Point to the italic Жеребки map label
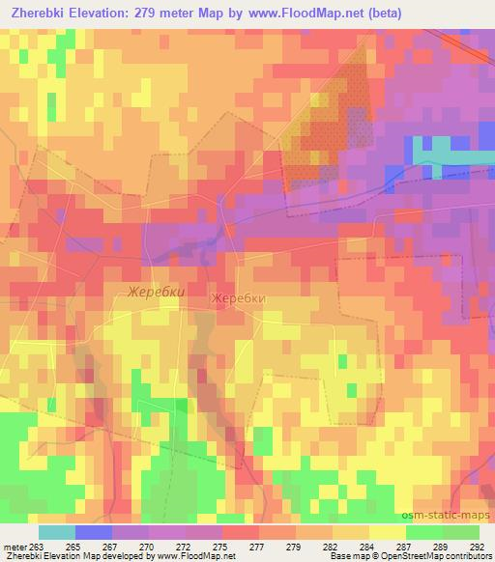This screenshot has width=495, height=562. tap(155, 291)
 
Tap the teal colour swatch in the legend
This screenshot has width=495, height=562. tap(56, 532)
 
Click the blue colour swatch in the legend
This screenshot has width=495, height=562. tap(93, 532)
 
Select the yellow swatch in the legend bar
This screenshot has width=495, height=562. tap(387, 532)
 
